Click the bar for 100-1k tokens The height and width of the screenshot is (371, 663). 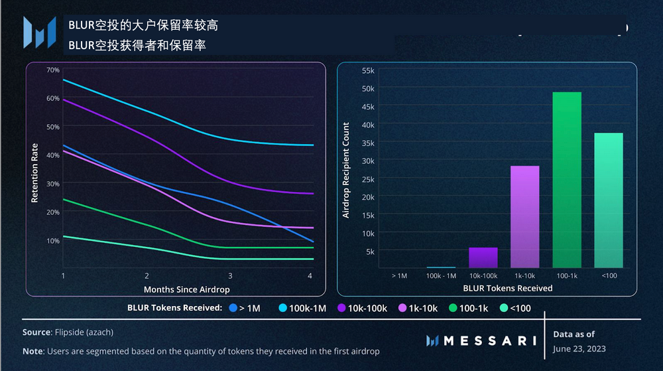(566, 179)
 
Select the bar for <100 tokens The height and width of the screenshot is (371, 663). (608, 200)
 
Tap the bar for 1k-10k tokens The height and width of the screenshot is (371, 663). (524, 216)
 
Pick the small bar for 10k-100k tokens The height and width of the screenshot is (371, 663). (483, 258)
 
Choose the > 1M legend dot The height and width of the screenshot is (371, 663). (233, 308)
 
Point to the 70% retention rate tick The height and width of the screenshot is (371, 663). (53, 70)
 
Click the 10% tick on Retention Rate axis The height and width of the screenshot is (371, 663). (53, 240)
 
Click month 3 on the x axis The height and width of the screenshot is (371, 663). (229, 275)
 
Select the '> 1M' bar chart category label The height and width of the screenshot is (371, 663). (399, 275)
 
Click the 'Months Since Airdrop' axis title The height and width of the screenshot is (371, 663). (186, 289)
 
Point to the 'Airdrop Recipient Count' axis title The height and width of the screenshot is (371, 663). (345, 170)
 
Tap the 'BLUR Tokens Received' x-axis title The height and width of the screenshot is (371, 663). (507, 288)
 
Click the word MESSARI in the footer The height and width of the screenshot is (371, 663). (490, 340)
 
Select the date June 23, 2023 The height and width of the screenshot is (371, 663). (579, 348)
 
